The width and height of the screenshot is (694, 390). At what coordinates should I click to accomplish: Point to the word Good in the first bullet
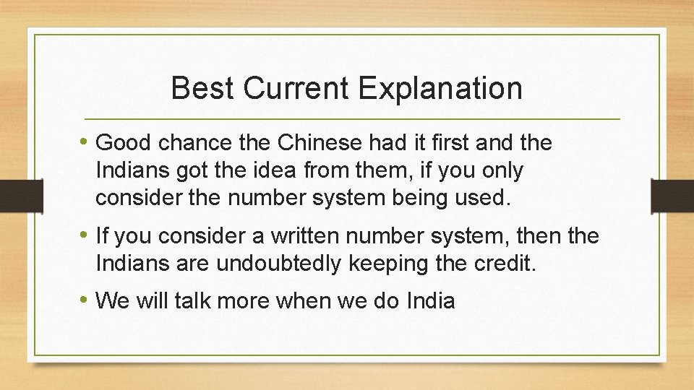pos(120,143)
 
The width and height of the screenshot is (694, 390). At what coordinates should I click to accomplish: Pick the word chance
pos(189,143)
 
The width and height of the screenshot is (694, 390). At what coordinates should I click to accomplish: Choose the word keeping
pos(388,264)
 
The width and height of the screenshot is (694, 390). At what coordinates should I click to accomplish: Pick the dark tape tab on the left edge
pos(12,196)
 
